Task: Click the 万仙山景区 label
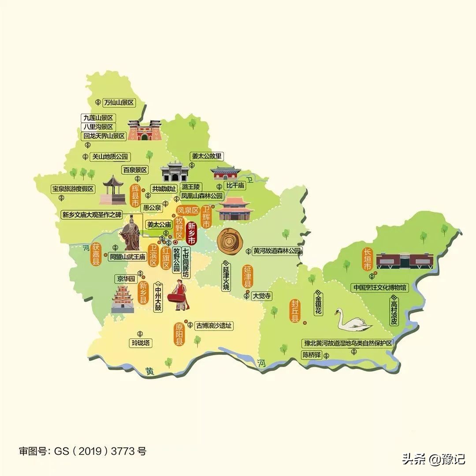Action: tap(118, 103)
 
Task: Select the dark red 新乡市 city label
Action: tap(192, 233)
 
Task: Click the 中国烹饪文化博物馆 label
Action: tap(380, 287)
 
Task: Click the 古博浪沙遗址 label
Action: tap(214, 326)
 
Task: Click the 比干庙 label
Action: tap(235, 186)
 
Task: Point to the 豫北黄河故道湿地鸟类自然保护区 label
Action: tap(347, 343)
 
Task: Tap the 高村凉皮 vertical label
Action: tap(394, 310)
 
